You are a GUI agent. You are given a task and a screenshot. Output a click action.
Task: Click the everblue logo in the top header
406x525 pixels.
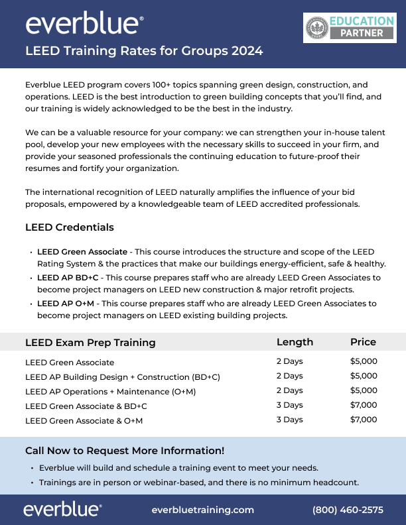84,24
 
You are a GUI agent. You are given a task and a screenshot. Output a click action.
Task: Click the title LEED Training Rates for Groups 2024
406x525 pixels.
144,51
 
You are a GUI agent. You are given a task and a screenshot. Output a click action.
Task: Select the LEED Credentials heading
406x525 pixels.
69,227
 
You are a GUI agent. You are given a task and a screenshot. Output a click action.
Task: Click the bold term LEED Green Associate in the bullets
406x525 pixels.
82,252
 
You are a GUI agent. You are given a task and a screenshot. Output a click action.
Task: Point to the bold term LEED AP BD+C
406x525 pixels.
68,278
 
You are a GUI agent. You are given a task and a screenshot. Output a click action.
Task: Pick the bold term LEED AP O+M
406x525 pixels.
66,303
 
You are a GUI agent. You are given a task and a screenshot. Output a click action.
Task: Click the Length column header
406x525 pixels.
295,342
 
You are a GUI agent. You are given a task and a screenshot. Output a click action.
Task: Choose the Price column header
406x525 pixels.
363,342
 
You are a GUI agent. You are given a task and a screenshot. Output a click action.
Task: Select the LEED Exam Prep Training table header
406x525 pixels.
90,343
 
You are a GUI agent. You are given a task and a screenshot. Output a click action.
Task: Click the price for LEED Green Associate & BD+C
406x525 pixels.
364,405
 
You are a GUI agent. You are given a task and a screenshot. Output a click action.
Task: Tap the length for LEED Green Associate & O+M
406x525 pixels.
289,420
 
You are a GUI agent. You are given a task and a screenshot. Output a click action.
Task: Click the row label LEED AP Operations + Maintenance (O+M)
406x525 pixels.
110,391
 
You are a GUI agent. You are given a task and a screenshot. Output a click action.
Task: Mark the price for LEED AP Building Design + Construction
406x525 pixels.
364,376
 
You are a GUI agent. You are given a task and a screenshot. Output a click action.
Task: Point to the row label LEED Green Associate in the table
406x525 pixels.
70,363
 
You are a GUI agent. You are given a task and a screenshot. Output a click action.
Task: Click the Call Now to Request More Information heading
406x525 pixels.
125,451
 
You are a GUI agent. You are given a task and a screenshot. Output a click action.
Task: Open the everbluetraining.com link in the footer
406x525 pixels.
203,510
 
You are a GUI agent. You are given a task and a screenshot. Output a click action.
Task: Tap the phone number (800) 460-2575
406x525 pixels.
348,510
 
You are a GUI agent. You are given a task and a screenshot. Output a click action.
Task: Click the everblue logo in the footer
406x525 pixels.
62,509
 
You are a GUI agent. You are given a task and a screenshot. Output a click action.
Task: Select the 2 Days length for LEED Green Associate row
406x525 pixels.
289,361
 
